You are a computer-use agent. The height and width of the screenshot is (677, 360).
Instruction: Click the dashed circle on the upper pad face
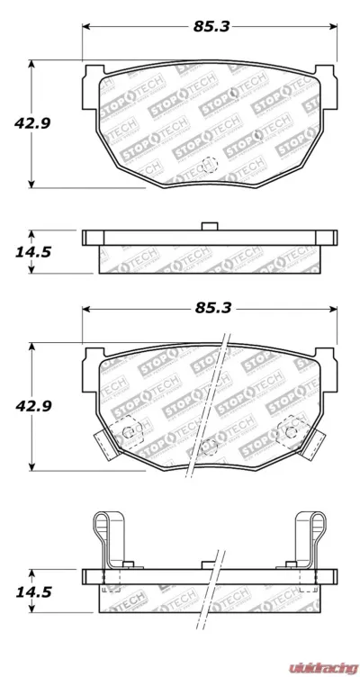tap(209, 165)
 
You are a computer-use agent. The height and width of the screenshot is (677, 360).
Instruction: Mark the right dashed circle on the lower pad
tap(292, 432)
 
